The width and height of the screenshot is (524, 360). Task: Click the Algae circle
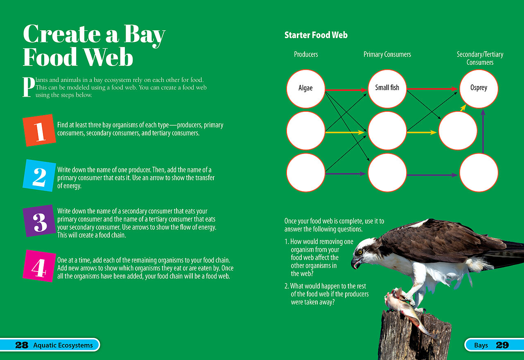pyautogui.click(x=306, y=89)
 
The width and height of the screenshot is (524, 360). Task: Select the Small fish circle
pyautogui.click(x=387, y=89)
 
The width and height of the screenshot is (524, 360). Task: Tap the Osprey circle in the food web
pyautogui.click(x=479, y=89)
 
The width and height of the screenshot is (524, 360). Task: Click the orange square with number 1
pyautogui.click(x=39, y=130)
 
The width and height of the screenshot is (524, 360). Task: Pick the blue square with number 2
pyautogui.click(x=39, y=175)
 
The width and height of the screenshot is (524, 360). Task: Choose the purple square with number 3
pyautogui.click(x=39, y=221)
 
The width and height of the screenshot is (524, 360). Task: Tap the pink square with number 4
pyautogui.click(x=39, y=266)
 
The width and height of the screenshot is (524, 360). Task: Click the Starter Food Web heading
pyautogui.click(x=316, y=35)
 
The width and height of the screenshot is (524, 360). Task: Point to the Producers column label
pyautogui.click(x=306, y=54)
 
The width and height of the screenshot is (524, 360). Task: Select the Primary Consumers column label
pyautogui.click(x=387, y=54)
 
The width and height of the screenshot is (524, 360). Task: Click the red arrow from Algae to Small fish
pyautogui.click(x=346, y=90)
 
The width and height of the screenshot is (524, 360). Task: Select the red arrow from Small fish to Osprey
pyautogui.click(x=432, y=89)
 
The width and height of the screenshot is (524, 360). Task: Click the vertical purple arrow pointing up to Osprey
pyautogui.click(x=483, y=131)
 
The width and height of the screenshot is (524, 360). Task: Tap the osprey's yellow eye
pyautogui.click(x=360, y=252)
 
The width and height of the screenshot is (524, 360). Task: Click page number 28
pyautogui.click(x=22, y=345)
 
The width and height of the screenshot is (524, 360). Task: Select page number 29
pyautogui.click(x=502, y=345)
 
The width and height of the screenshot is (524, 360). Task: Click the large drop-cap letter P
pyautogui.click(x=29, y=87)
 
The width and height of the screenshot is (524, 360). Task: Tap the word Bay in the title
pyautogui.click(x=145, y=35)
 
